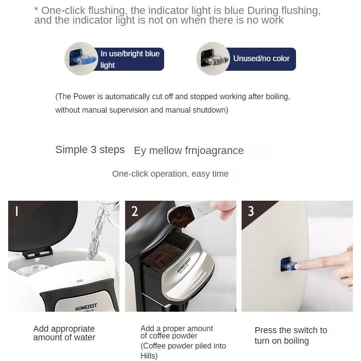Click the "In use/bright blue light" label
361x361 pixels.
click(130, 59)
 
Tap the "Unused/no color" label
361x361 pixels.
click(261, 58)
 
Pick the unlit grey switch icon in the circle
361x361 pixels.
click(215, 59)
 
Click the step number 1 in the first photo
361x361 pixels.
click(16, 211)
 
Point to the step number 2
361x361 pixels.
click(134, 211)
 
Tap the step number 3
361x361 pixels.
click(251, 211)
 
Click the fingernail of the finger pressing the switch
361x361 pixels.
click(298, 266)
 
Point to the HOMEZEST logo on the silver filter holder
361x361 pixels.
click(184, 265)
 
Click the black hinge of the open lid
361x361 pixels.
click(38, 253)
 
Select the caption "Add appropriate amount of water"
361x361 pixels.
click(64, 333)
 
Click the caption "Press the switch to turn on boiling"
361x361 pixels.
click(291, 335)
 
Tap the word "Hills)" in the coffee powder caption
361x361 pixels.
click(149, 356)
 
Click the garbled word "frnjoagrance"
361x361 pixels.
click(214, 151)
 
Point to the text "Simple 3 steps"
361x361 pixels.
click(90, 150)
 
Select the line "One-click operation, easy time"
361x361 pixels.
click(170, 174)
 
